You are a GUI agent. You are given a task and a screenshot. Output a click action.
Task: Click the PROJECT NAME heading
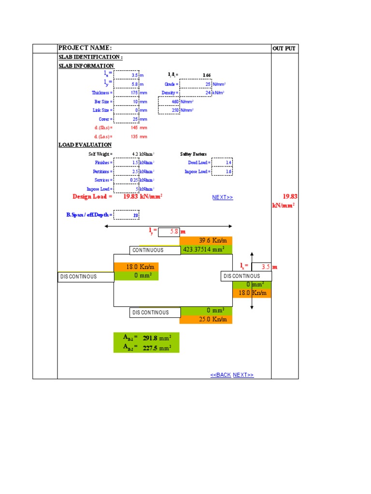[x=85, y=48]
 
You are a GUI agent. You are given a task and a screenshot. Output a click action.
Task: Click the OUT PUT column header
[x=284, y=48]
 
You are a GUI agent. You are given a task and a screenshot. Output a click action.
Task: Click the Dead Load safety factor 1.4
[x=222, y=163]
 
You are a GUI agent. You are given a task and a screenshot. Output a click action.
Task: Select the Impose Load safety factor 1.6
[x=222, y=171]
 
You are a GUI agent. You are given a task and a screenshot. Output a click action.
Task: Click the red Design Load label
[x=92, y=196]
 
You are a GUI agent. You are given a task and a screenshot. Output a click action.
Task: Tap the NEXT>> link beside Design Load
[x=222, y=197]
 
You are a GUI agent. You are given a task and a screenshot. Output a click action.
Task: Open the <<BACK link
[x=220, y=375]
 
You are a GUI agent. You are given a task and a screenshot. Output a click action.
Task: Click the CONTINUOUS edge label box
[x=148, y=250]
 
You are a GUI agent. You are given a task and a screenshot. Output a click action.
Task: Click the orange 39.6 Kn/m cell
[x=206, y=241]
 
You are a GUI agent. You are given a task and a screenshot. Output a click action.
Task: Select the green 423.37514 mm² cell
[x=206, y=249]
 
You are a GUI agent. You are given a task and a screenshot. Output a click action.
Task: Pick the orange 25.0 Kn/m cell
[x=206, y=319]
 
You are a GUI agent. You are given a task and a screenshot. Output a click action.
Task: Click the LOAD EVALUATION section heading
[x=85, y=145]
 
